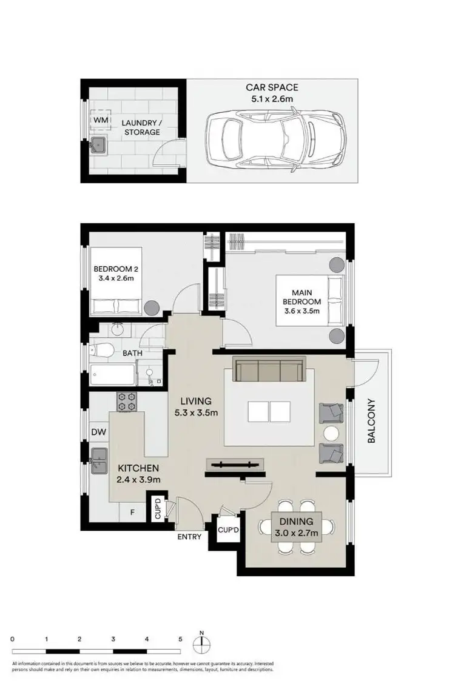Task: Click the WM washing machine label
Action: [100, 120]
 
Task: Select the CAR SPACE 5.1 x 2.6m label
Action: [272, 93]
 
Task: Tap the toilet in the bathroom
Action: [103, 350]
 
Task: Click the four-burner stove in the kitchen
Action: [127, 402]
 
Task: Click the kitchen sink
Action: [98, 462]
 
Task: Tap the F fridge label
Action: [132, 511]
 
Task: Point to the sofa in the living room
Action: [269, 369]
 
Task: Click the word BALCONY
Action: [372, 421]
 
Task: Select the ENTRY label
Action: [189, 537]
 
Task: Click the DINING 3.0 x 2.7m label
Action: [296, 527]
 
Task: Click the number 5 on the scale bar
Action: [180, 639]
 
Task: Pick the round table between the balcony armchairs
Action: [331, 433]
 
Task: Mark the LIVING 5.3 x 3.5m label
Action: [195, 407]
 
